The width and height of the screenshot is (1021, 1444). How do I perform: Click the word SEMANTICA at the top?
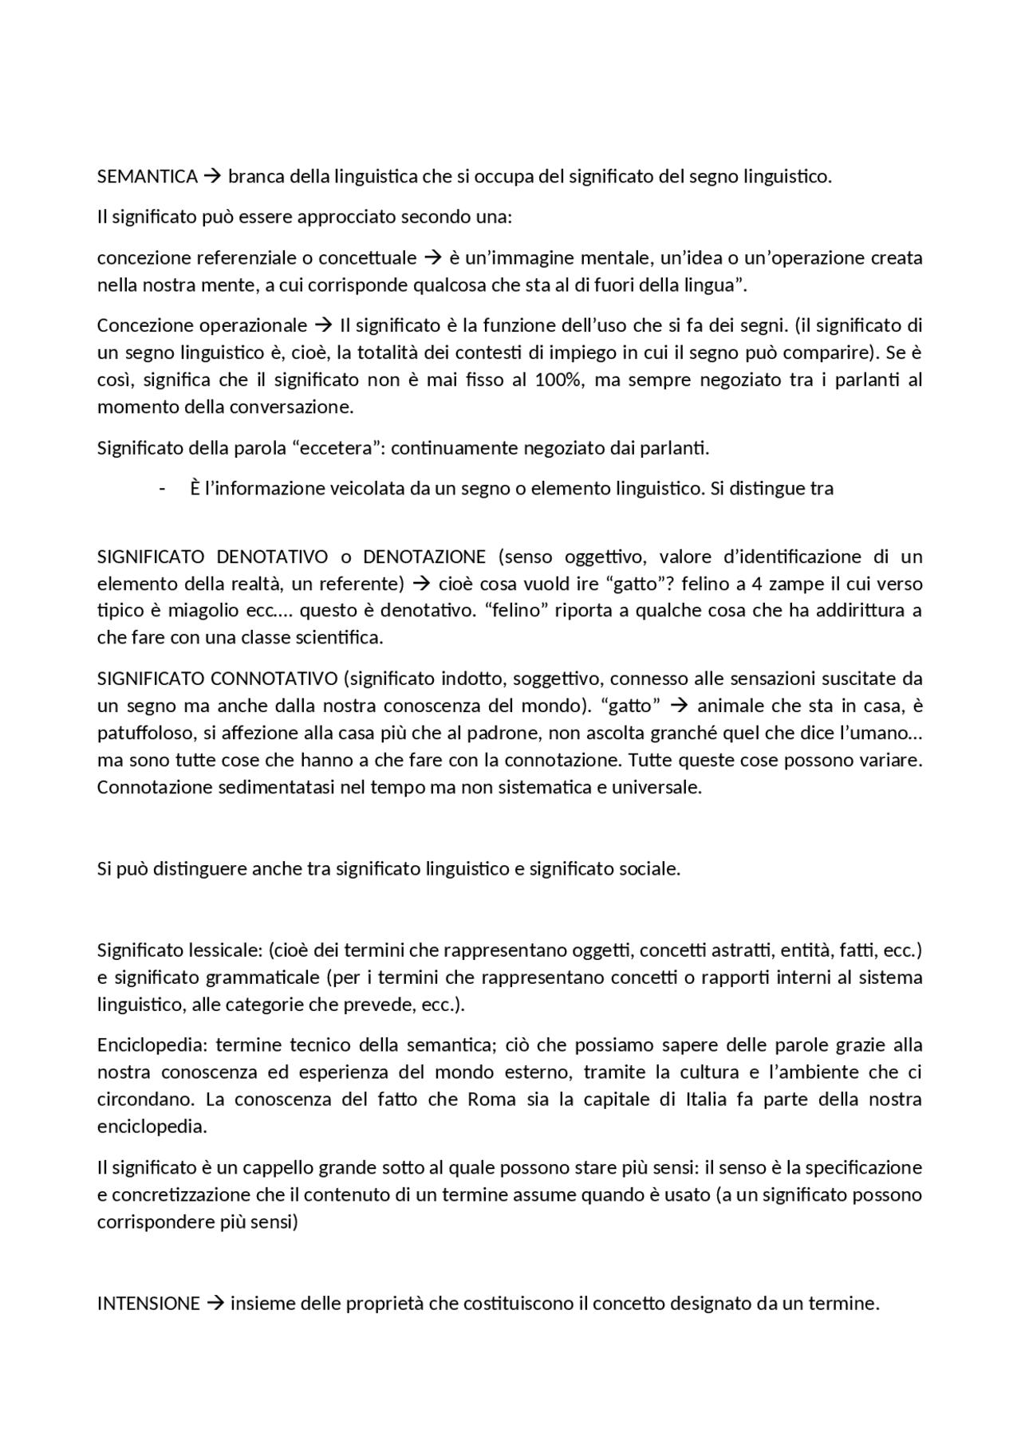147,177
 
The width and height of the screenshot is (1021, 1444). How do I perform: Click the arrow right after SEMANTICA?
212,177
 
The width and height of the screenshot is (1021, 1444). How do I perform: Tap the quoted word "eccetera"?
337,448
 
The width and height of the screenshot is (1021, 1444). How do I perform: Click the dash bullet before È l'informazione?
163,489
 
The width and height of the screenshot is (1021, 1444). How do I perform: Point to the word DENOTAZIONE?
424,557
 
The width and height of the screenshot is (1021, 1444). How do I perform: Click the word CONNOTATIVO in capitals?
274,679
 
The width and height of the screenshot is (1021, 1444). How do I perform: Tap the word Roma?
491,1100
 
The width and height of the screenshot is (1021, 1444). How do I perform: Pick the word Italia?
706,1100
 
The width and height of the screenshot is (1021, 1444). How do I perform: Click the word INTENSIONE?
148,1304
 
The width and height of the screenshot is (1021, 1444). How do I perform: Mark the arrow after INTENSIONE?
215,1304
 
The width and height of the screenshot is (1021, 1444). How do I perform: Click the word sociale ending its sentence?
649,869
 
